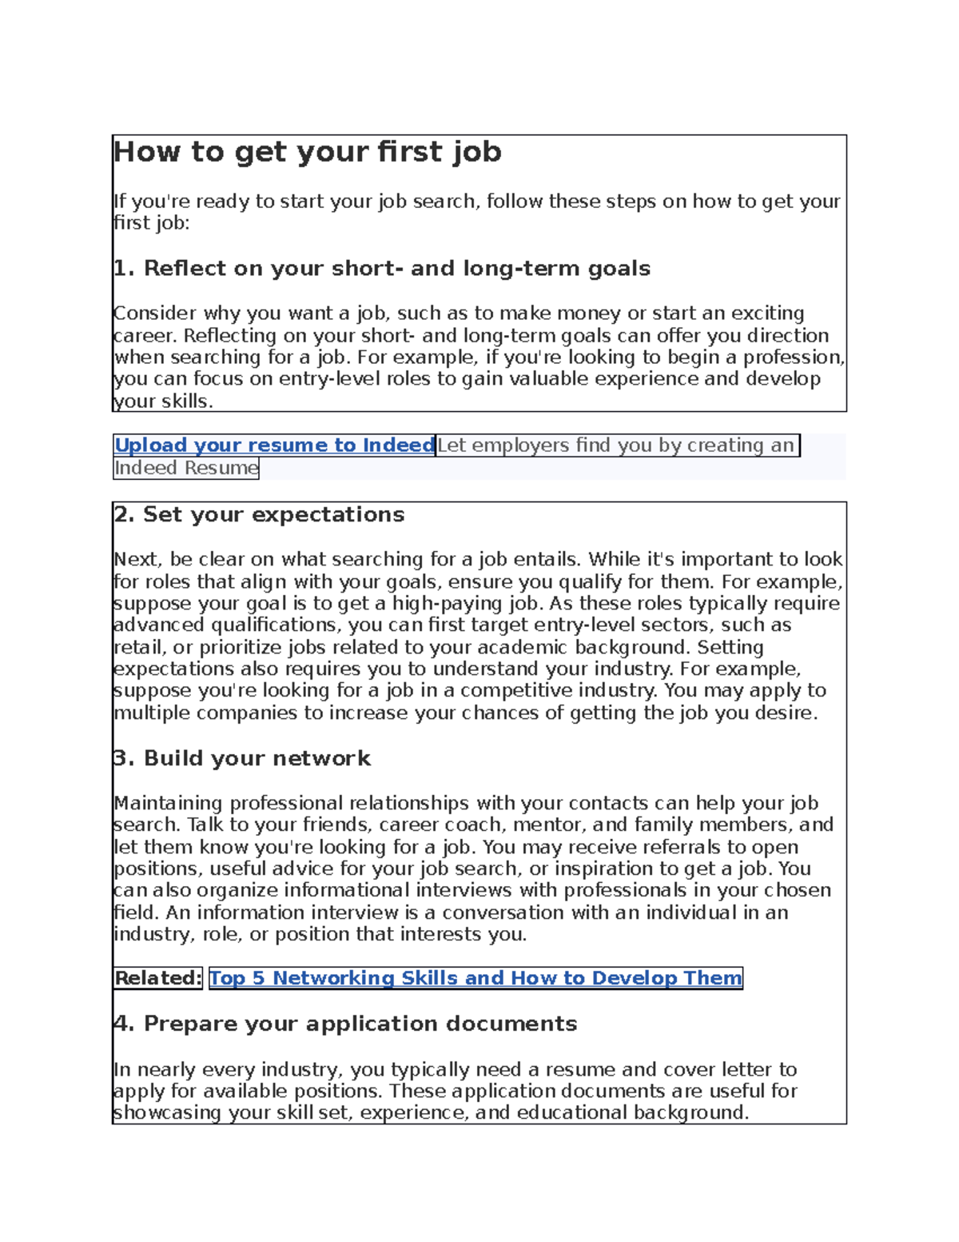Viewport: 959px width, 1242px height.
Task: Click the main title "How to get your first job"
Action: point(308,151)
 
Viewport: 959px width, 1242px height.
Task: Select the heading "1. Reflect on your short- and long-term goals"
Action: point(382,269)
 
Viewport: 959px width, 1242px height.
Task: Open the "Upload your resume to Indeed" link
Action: point(274,445)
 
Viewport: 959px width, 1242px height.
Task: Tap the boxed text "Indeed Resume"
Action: point(186,468)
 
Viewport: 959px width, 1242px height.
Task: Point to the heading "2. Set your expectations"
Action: point(259,514)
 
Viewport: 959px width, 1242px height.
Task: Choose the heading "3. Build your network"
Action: point(242,758)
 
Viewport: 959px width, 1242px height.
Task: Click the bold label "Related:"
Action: point(157,978)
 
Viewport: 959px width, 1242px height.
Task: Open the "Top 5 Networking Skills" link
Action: point(476,978)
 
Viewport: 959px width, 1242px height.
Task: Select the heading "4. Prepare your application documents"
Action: point(345,1024)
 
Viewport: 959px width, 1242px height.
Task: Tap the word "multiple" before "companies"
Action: point(152,713)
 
